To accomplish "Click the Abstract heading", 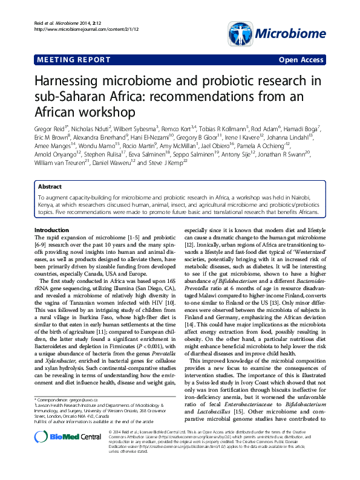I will pyautogui.click(x=50, y=187).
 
